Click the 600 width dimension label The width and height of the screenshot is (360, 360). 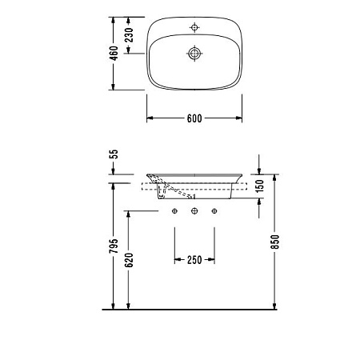tap(194, 118)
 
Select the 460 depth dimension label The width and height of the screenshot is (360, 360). tap(114, 54)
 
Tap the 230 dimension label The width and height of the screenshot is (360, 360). tap(129, 35)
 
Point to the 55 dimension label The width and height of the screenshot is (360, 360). tap(114, 154)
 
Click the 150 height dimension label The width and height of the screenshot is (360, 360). tap(259, 186)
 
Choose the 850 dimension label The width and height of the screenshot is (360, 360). tap(274, 242)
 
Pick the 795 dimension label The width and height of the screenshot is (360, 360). tap(114, 246)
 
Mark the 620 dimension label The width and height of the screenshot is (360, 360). tap(129, 260)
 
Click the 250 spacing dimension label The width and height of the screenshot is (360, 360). tap(194, 260)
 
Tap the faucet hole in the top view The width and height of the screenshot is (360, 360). tap(194, 27)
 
